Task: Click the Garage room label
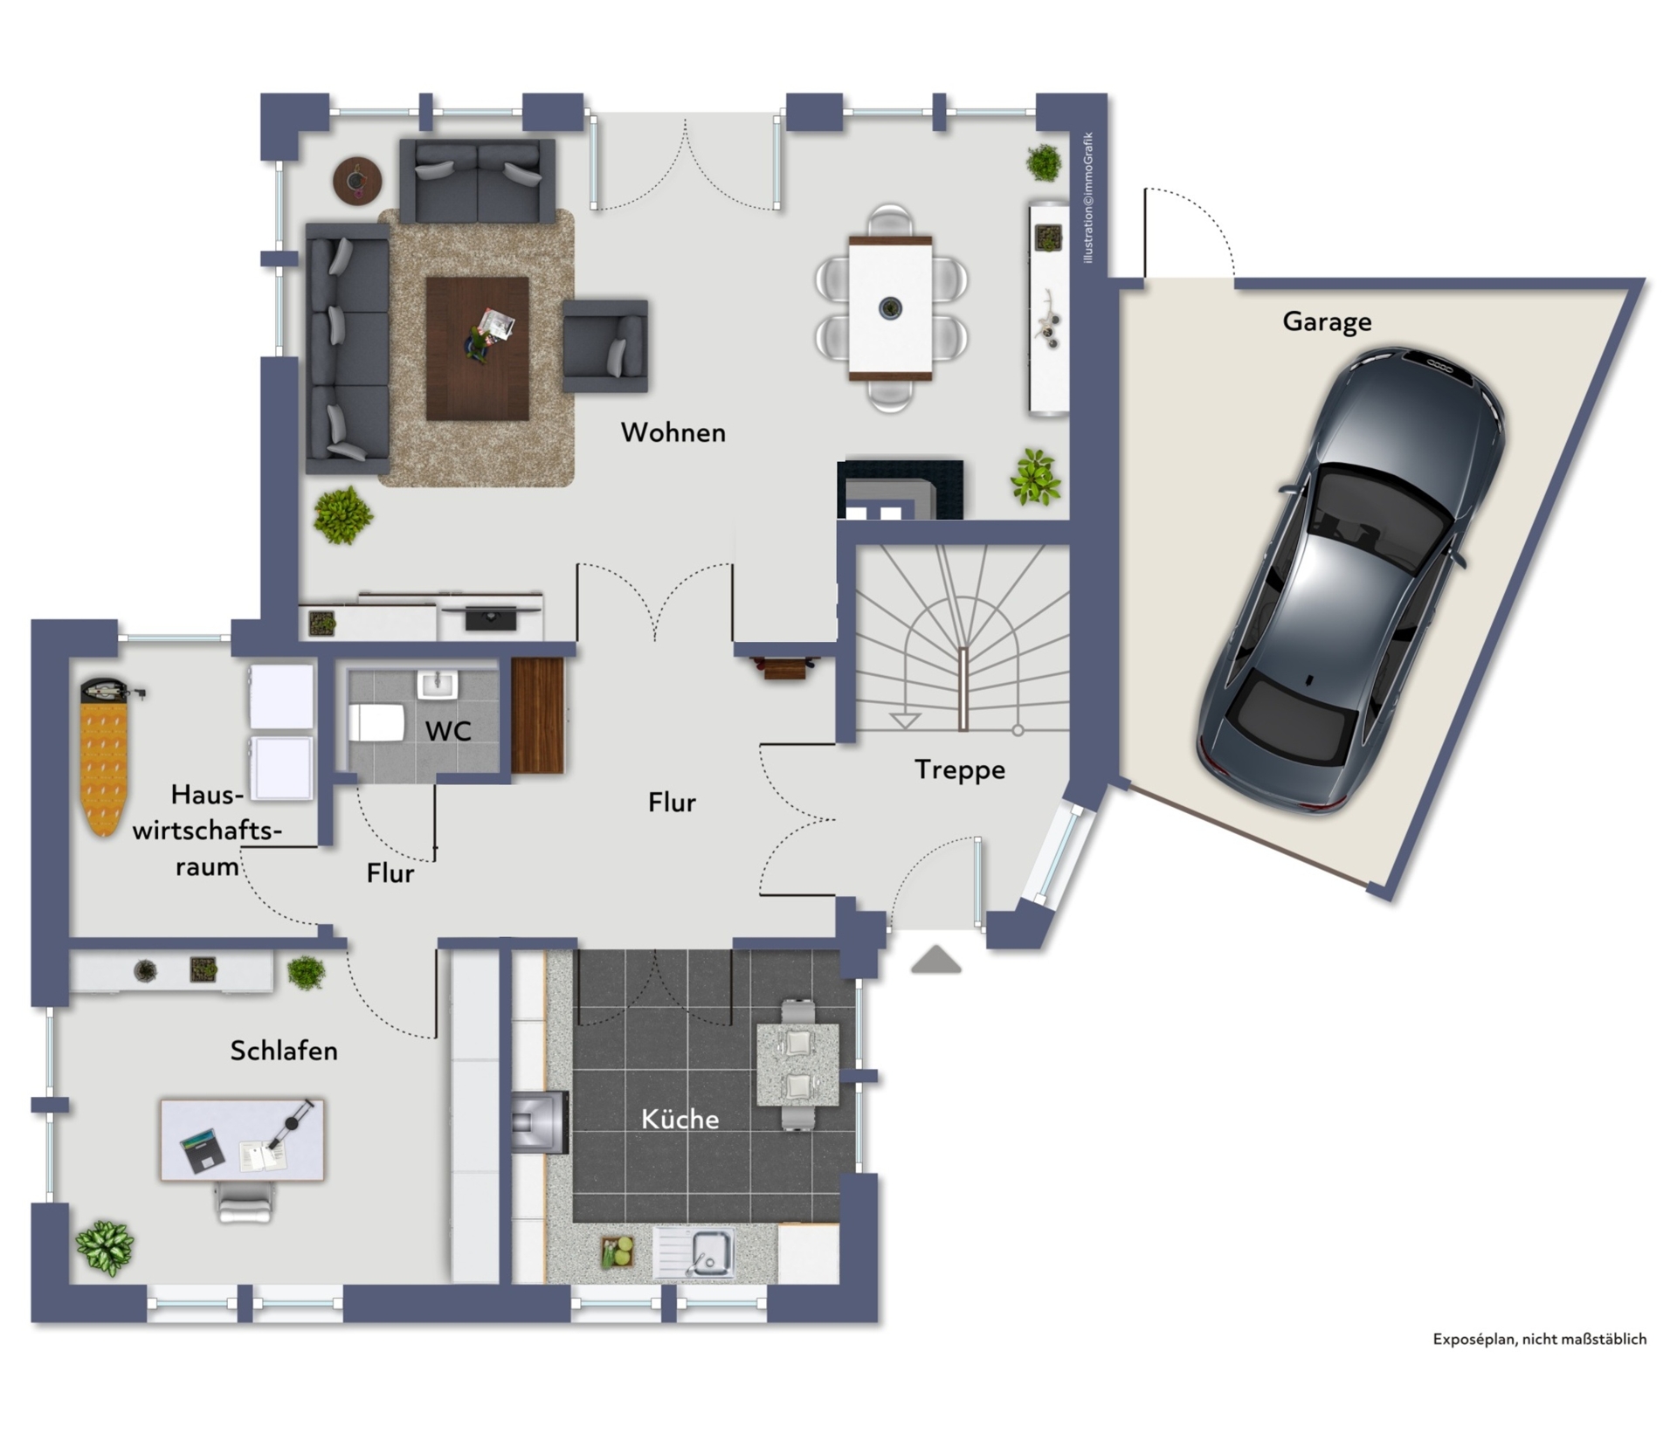(x=1327, y=322)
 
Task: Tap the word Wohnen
(x=673, y=432)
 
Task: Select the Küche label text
(x=680, y=1119)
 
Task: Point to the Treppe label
(x=959, y=770)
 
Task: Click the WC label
(x=448, y=731)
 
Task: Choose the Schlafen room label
(x=284, y=1051)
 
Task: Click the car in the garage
(x=1351, y=581)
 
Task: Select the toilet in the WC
(x=376, y=723)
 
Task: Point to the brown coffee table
(x=477, y=348)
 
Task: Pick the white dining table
(x=890, y=308)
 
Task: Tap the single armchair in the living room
(x=605, y=346)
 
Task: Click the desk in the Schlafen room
(x=242, y=1141)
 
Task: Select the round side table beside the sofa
(x=357, y=181)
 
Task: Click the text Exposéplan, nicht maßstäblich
(x=1539, y=1339)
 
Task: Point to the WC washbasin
(x=437, y=685)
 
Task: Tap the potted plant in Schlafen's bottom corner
(x=105, y=1248)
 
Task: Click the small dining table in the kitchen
(x=798, y=1065)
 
